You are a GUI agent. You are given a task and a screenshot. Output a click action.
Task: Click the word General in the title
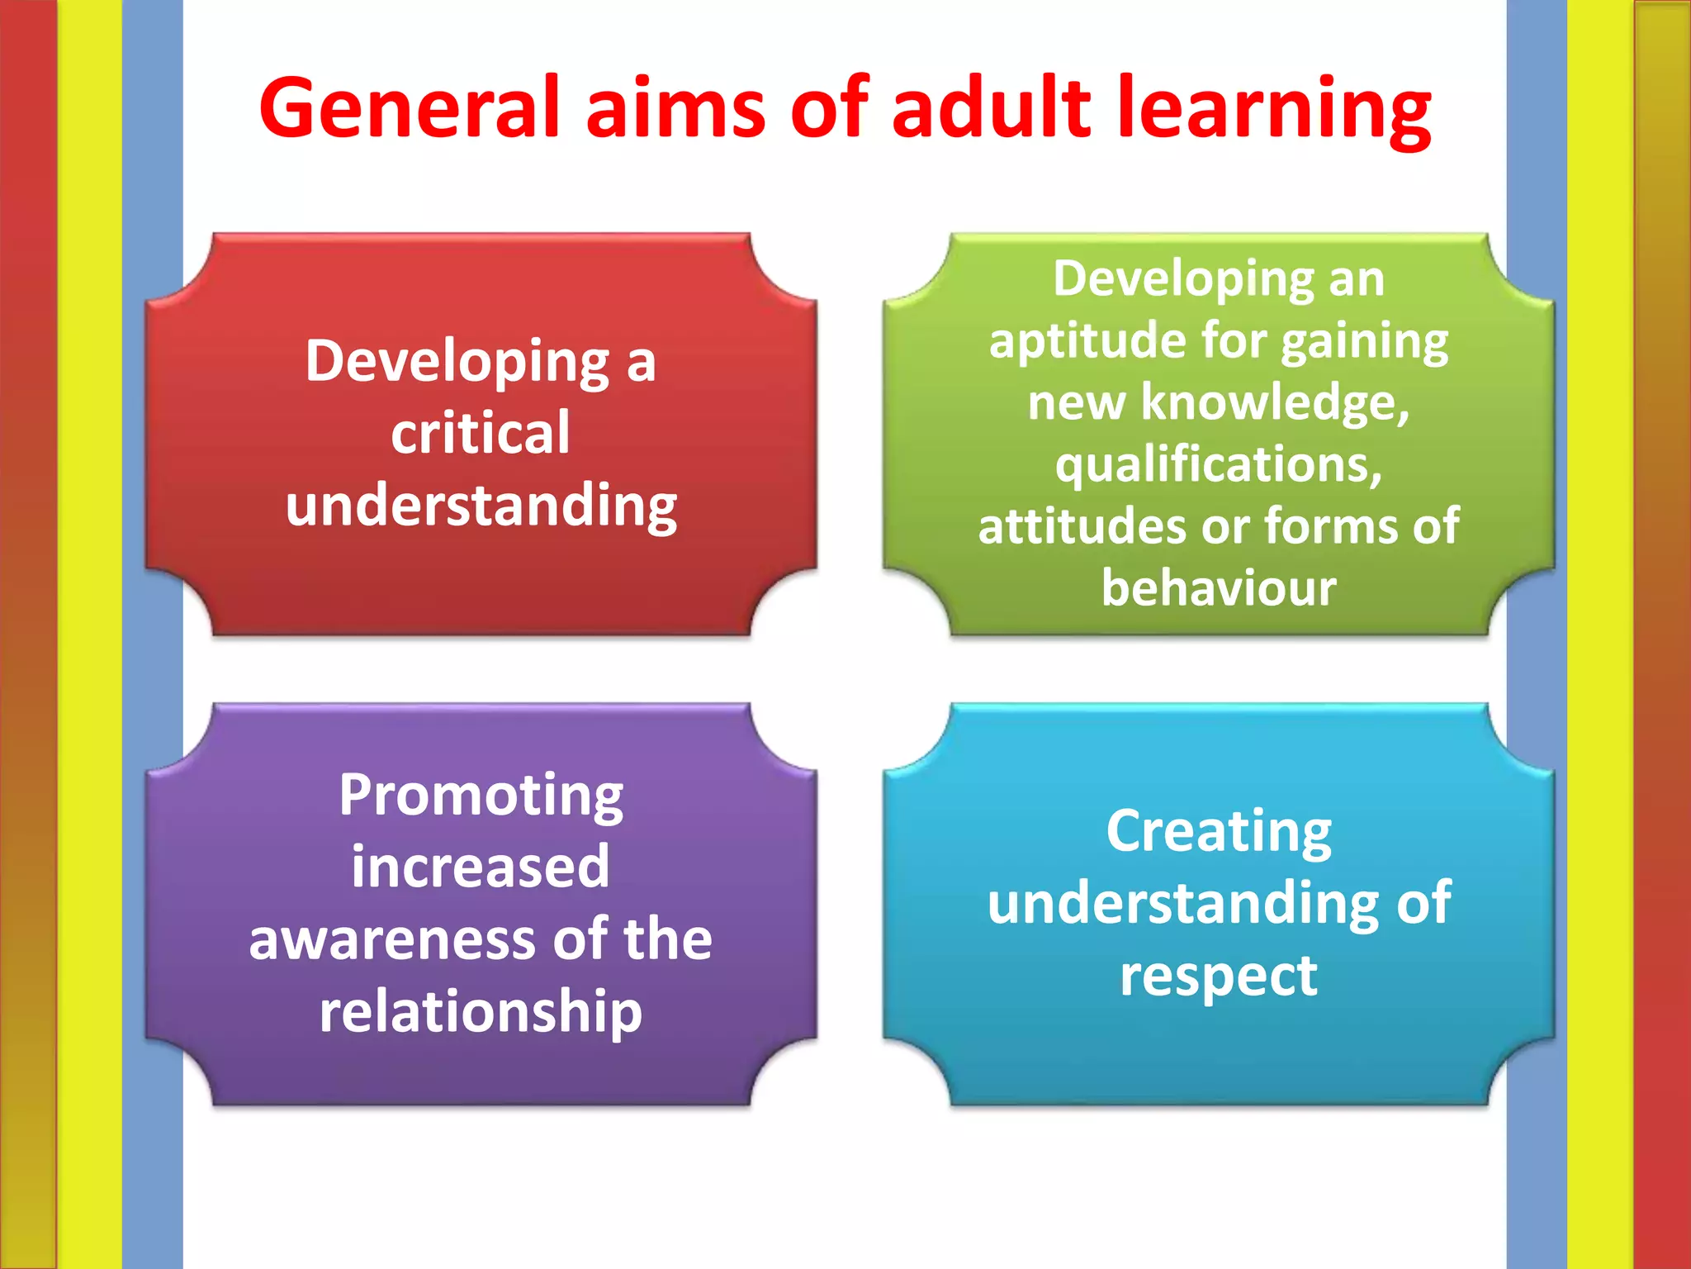[410, 107]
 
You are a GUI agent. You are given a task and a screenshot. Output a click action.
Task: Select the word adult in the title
[992, 107]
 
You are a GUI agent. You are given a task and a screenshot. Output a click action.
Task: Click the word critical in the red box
[481, 433]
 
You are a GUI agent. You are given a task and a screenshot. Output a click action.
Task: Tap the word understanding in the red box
[481, 506]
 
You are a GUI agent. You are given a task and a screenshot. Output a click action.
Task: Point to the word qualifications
[1218, 465]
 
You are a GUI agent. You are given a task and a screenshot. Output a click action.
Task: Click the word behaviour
[1219, 588]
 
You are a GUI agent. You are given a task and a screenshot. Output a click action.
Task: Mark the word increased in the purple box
[481, 867]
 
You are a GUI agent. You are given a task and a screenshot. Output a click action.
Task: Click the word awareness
[392, 940]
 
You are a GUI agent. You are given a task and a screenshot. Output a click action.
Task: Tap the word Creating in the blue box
[1219, 833]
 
